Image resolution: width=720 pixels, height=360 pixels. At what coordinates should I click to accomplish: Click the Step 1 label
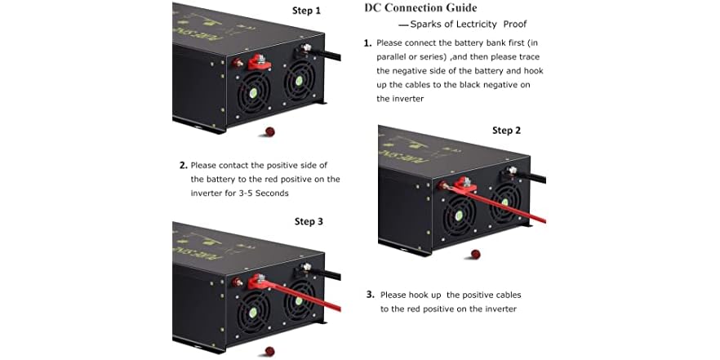[306, 11]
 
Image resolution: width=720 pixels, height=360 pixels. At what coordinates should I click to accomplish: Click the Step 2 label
[506, 131]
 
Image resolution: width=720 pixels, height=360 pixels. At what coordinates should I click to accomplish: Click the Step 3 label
[309, 221]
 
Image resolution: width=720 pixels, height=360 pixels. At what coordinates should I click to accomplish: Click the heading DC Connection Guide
[420, 8]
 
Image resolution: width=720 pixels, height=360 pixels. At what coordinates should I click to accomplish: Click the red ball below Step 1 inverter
[269, 131]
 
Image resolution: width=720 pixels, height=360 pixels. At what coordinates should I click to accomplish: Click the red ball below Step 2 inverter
[475, 255]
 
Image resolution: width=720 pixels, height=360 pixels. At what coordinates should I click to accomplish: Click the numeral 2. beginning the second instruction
[184, 165]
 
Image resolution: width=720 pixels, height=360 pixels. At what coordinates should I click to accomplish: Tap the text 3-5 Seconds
[261, 193]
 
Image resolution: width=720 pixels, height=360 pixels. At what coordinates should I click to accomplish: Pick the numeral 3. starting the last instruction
[370, 295]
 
